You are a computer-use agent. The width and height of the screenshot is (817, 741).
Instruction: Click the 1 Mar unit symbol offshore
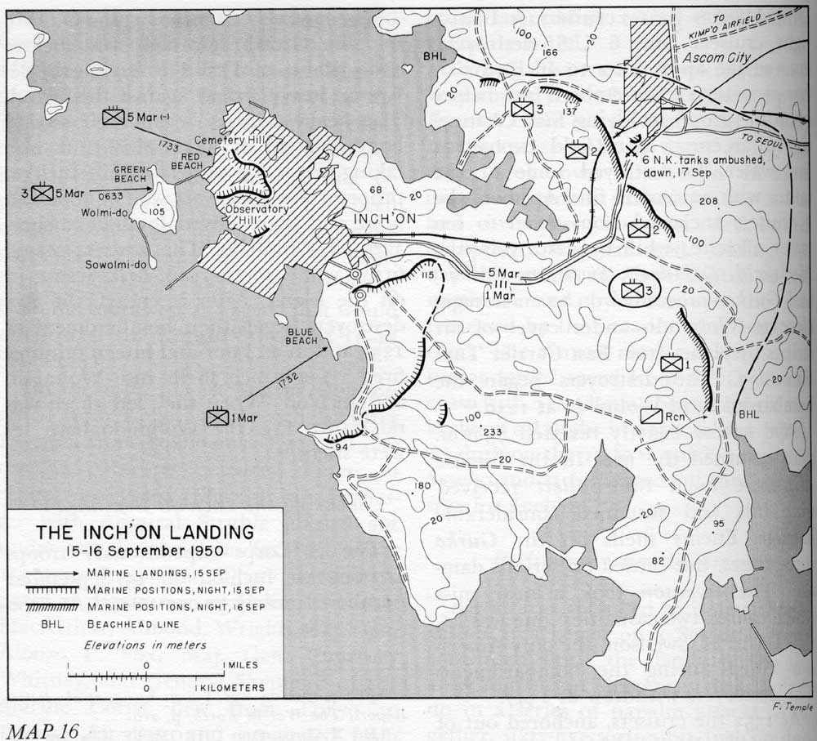(217, 417)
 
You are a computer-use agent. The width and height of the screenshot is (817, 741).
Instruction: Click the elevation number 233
(493, 432)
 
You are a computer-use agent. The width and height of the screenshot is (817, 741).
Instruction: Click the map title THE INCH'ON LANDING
(145, 532)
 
